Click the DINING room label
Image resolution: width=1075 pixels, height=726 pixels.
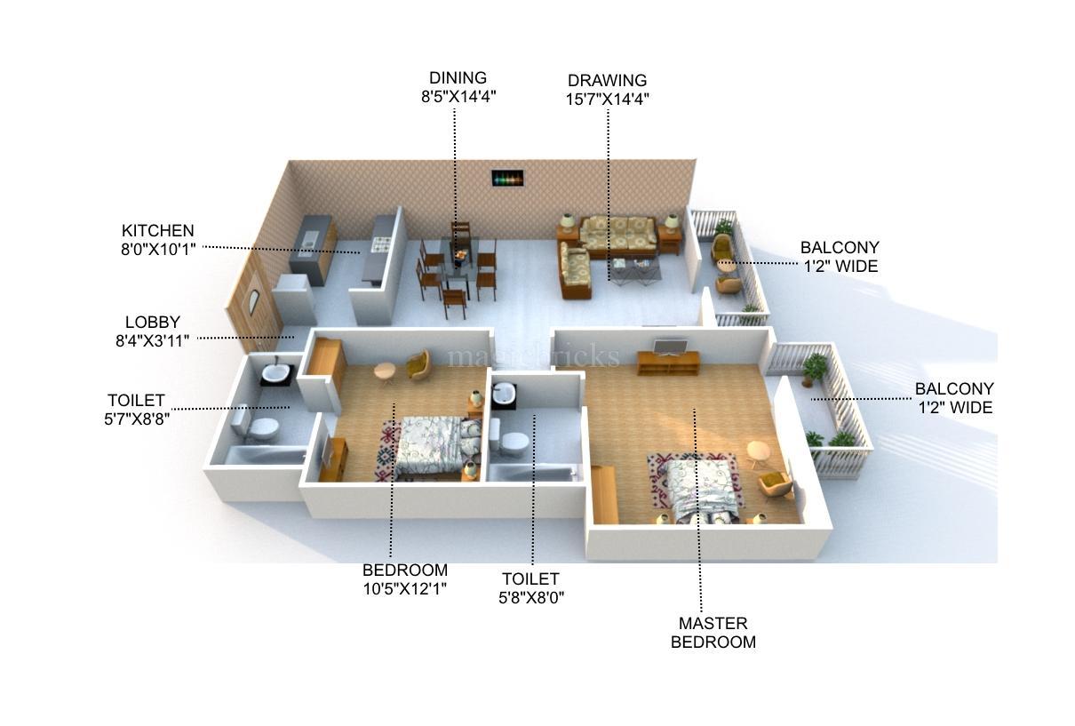click(458, 78)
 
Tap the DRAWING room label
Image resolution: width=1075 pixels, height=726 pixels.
click(607, 81)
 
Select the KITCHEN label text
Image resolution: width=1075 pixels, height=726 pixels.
click(157, 231)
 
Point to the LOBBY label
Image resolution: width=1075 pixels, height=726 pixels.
click(152, 323)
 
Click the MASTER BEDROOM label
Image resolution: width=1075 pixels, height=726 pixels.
click(713, 633)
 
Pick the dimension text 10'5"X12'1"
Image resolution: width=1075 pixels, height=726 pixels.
click(404, 588)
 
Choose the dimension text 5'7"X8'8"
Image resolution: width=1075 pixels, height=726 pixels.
click(136, 419)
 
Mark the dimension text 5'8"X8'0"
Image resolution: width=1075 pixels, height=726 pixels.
click(530, 598)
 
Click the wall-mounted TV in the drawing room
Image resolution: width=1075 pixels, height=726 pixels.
click(507, 178)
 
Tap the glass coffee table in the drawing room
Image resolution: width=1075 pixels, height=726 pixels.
click(634, 267)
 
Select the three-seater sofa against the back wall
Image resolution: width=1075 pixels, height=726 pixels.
click(618, 233)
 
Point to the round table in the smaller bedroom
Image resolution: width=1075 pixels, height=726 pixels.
click(385, 371)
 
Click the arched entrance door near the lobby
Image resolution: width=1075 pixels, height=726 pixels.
click(253, 302)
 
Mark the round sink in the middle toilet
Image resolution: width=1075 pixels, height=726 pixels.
click(504, 393)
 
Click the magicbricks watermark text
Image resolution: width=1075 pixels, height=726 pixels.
click(533, 357)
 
